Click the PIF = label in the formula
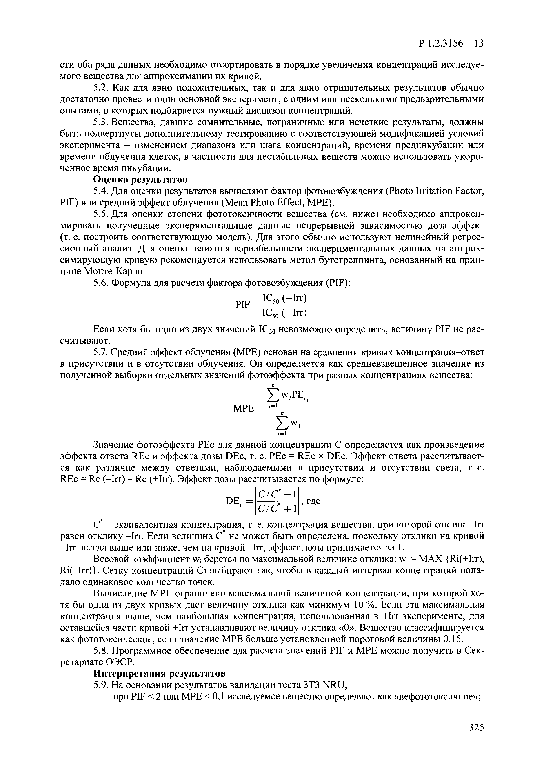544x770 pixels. click(x=247, y=305)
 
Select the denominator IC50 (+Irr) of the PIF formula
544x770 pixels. click(x=285, y=313)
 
